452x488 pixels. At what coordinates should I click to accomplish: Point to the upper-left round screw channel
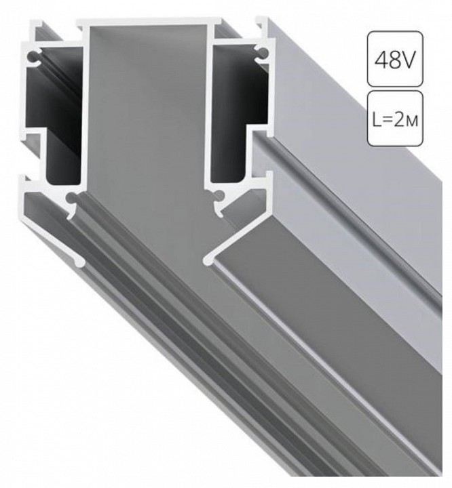point(31,58)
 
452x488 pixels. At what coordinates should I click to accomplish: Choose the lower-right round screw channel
point(219,196)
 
